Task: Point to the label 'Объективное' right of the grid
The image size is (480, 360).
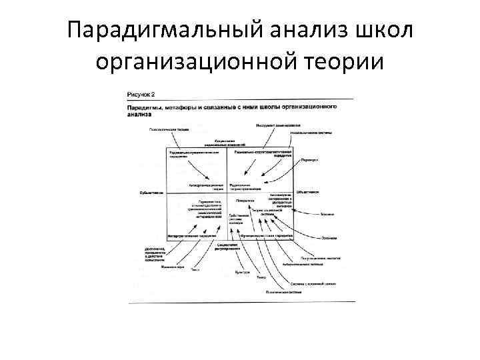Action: pyautogui.click(x=308, y=191)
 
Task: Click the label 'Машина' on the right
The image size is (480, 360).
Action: pyautogui.click(x=327, y=214)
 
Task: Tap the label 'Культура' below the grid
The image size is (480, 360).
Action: pyautogui.click(x=243, y=272)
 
